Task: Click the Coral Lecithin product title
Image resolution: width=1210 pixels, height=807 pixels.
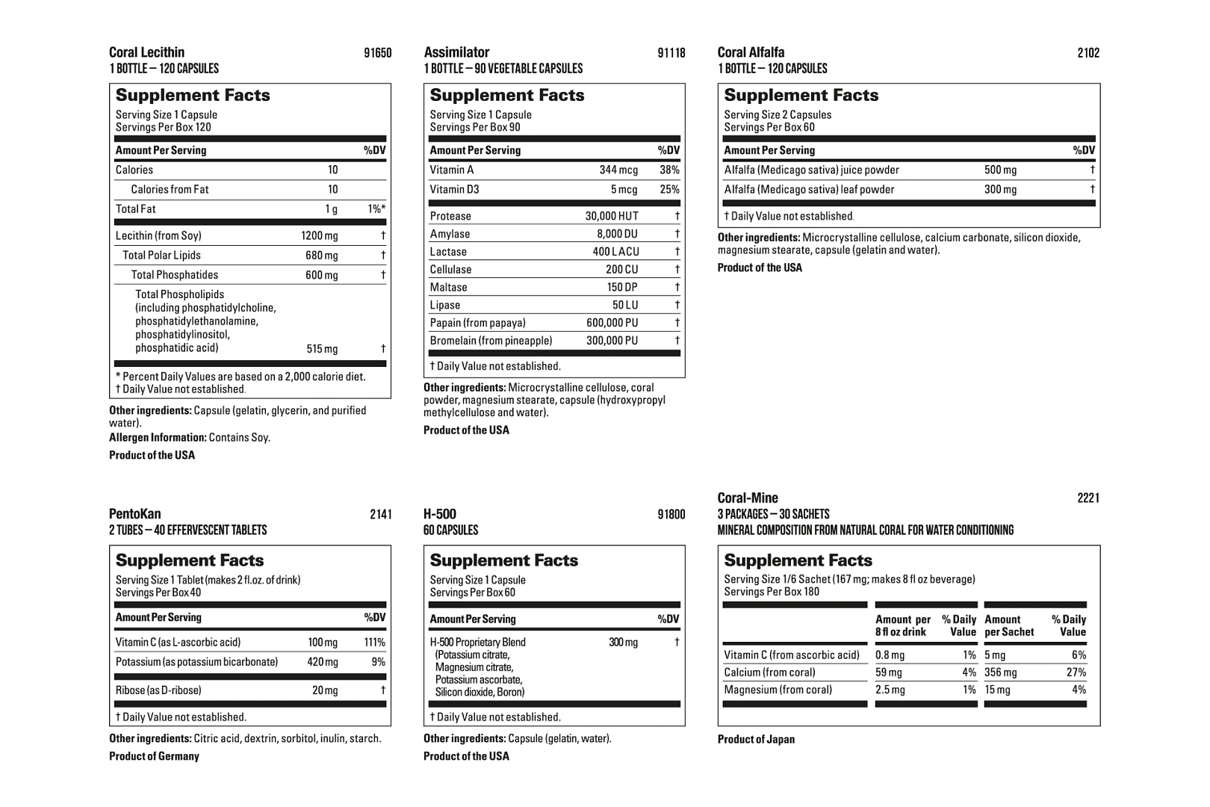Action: coord(146,52)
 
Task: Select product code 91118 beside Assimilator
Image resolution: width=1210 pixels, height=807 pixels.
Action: coord(671,53)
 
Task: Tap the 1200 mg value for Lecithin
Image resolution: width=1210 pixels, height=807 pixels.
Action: coord(319,236)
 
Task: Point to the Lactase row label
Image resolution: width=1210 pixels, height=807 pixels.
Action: coord(448,252)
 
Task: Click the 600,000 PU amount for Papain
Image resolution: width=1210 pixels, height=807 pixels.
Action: coord(612,323)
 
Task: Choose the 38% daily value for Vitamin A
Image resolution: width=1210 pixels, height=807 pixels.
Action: coord(669,170)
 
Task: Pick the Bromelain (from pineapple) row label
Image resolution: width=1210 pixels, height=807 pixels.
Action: coord(491,341)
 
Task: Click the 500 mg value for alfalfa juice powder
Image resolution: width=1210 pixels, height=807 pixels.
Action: coord(1000,170)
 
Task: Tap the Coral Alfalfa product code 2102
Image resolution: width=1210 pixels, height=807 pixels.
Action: coord(1088,53)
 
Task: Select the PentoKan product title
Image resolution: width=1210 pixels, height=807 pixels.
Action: coord(134,514)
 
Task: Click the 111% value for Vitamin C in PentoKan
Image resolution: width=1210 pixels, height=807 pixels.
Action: coord(374,643)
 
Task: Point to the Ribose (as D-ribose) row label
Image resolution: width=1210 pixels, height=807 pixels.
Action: coord(158,690)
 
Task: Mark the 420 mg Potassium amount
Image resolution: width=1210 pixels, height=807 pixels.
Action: coord(323,662)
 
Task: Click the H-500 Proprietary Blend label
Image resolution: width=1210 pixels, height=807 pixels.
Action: coord(477,643)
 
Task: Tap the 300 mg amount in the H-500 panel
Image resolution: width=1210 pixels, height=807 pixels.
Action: coord(623,643)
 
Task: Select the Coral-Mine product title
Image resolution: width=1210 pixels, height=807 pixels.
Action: coord(748,498)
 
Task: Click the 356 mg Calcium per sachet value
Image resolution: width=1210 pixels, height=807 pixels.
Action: coord(1000,672)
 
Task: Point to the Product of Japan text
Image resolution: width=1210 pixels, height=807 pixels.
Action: coord(756,739)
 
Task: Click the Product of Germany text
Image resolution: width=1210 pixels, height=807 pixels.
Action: coord(154,756)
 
